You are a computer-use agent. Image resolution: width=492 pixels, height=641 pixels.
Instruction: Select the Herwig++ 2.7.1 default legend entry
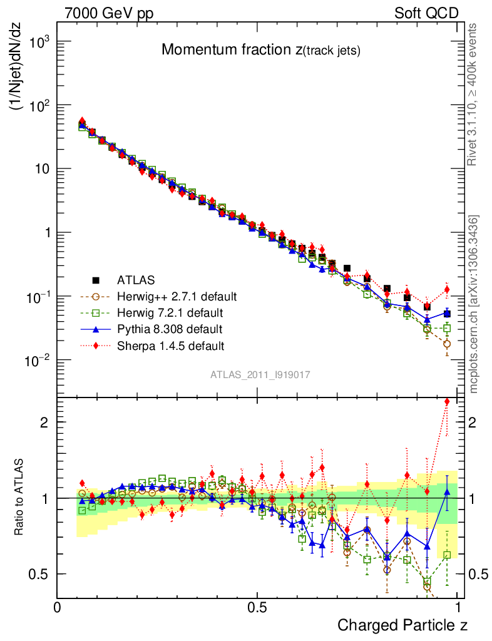click(x=177, y=295)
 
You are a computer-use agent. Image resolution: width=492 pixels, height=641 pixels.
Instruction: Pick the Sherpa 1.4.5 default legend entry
click(x=171, y=345)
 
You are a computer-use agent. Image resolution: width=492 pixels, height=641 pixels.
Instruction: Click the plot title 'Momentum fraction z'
click(x=260, y=51)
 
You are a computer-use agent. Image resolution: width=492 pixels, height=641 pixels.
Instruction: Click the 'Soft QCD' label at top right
click(x=426, y=13)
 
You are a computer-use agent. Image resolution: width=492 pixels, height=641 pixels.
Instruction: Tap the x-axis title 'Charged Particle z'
click(x=402, y=625)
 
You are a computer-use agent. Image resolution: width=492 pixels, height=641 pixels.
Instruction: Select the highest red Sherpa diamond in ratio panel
click(x=447, y=402)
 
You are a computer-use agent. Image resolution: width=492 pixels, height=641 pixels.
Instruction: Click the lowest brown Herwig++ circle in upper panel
click(x=447, y=344)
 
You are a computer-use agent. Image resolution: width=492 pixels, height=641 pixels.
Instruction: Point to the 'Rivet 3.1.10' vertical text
click(x=474, y=95)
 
